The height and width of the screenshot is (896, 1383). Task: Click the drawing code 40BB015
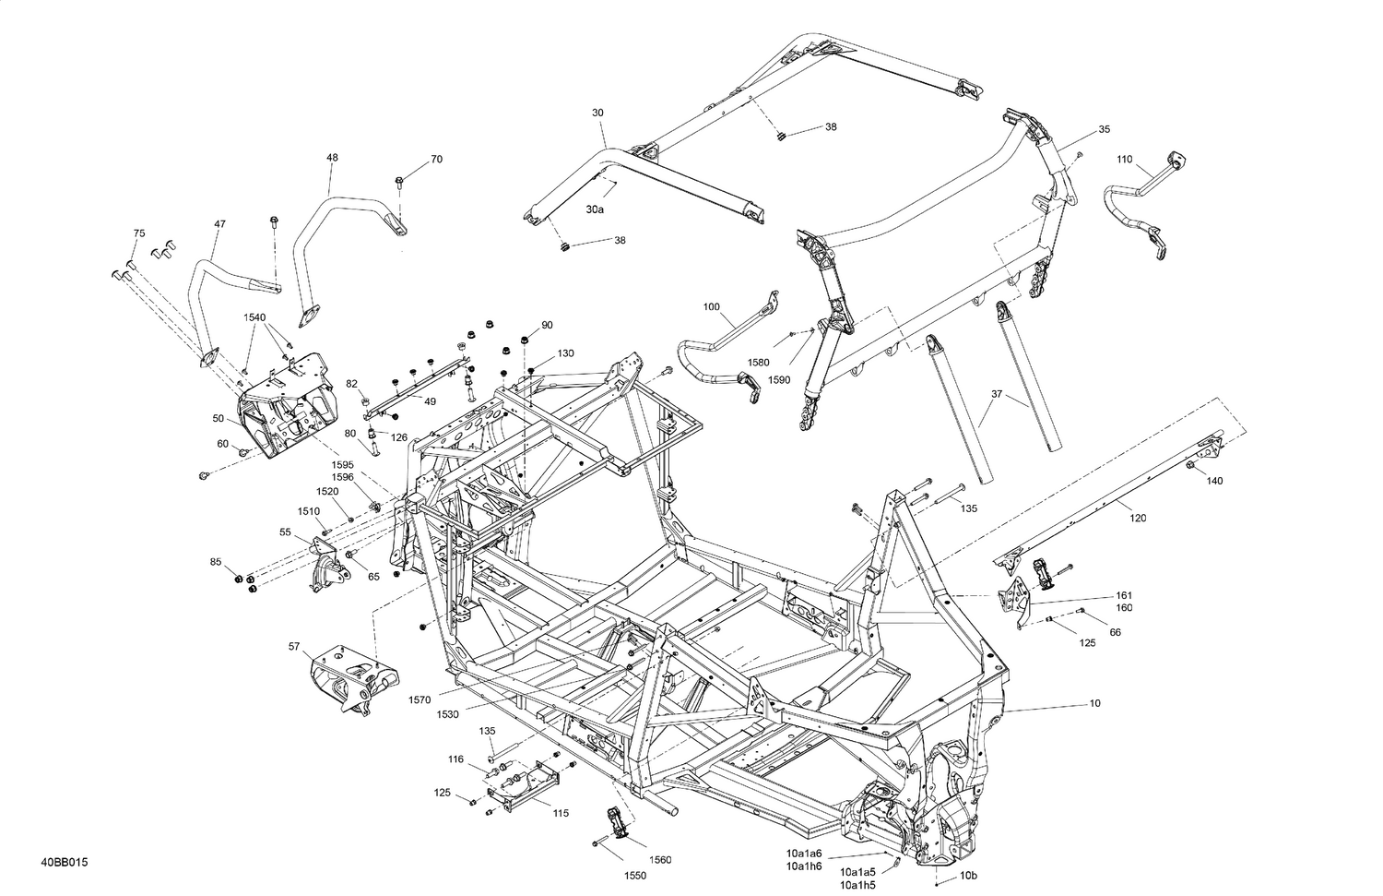[64, 863]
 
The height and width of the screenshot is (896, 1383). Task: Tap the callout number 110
[1124, 160]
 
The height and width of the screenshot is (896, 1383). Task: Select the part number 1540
[254, 317]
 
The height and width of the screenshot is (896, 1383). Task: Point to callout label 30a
[595, 209]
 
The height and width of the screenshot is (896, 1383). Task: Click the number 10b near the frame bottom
[968, 875]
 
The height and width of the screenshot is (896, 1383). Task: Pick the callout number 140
[1215, 481]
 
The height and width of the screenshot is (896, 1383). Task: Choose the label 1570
[420, 700]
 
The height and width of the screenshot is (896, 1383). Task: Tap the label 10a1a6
[804, 853]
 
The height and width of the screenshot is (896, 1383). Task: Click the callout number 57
[294, 647]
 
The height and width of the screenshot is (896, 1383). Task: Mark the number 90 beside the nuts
[547, 325]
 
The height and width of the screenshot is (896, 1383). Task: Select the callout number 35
[1105, 129]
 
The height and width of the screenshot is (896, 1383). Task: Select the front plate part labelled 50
[281, 415]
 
